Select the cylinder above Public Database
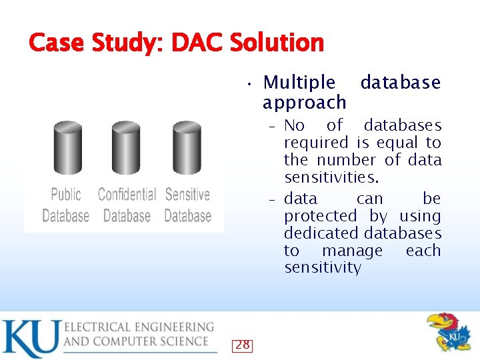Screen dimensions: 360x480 pos(67,147)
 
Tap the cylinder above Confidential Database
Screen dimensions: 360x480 pos(126,147)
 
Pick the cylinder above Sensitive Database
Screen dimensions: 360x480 pos(187,147)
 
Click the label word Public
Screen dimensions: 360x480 pos(66,195)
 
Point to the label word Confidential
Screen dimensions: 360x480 pos(127,195)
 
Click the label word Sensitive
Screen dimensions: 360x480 pos(187,195)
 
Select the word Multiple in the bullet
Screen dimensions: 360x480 pos(299,83)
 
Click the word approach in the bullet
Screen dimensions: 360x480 pos(305,102)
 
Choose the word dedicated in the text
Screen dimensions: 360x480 pos(322,233)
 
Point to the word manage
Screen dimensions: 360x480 pos(352,251)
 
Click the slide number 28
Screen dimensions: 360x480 pos(243,345)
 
